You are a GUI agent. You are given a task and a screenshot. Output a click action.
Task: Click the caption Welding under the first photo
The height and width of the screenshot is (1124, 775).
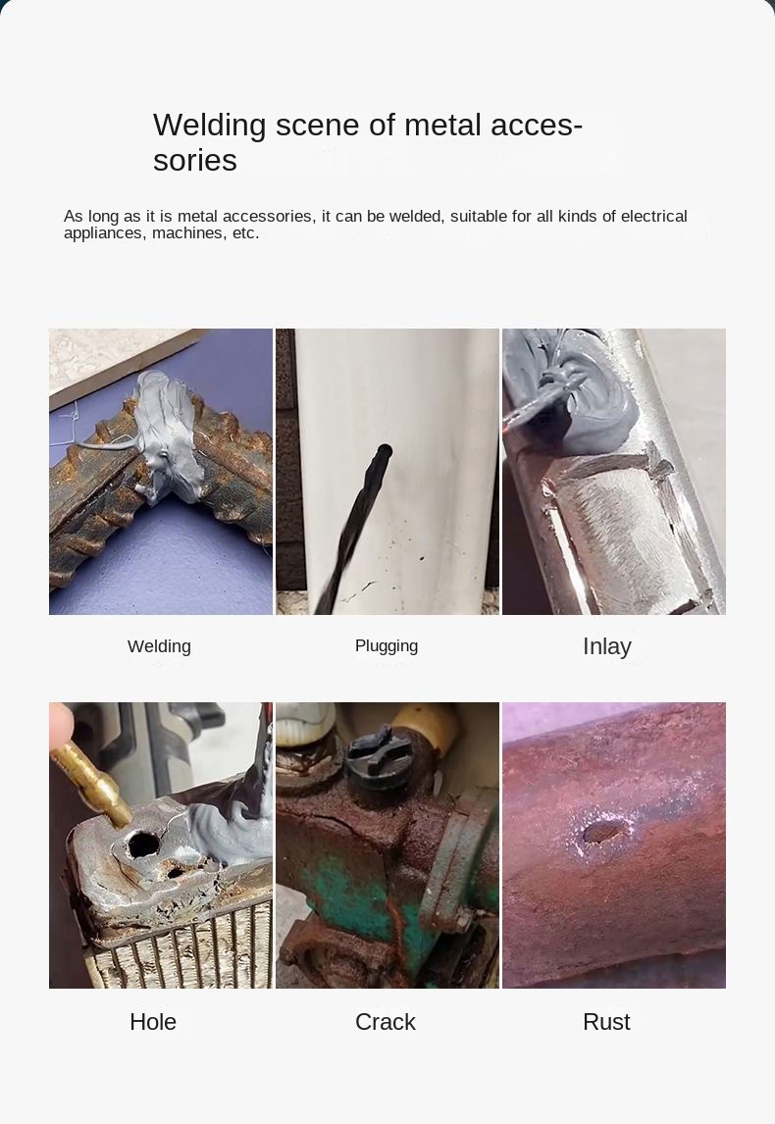click(159, 646)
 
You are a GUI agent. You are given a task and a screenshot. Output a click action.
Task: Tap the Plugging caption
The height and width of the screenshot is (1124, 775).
click(387, 646)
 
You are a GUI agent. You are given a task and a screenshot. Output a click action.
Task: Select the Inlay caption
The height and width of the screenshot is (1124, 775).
click(607, 646)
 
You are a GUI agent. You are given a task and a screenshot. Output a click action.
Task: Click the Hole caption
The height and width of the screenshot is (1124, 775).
click(153, 1022)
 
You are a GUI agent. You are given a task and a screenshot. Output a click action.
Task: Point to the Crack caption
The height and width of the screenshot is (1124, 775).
click(385, 1022)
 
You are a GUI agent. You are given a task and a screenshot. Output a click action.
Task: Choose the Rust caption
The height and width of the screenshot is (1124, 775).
click(606, 1022)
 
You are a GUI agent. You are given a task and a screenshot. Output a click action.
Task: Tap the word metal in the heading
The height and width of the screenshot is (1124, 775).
click(443, 126)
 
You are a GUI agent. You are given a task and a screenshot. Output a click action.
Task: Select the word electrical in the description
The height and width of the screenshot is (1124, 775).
click(653, 216)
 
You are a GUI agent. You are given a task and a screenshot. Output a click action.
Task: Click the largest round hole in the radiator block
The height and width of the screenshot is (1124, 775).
click(143, 844)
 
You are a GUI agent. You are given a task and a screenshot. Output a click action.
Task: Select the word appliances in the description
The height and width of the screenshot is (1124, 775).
click(104, 233)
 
